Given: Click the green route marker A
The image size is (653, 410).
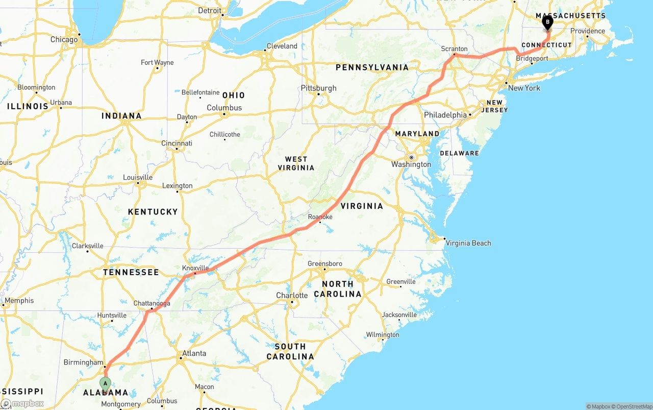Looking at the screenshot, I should coord(105,383).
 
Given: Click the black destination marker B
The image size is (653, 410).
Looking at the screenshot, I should coord(547,22).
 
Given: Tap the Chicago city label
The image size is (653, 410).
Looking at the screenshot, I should coord(64,39).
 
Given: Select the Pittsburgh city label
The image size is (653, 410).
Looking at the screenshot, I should coord(318,88).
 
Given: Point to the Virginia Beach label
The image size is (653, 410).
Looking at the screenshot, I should coord(468,243).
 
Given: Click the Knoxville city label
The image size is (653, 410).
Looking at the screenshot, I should coord(195,268).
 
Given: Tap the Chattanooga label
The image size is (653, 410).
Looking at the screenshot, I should coord(152,303).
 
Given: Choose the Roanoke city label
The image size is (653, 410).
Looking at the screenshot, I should coord(320,217).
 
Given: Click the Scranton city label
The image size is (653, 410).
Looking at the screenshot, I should coord(454,49).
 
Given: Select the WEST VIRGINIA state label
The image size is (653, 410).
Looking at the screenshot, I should coord(296,163).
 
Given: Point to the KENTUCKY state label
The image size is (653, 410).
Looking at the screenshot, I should coord(153,211).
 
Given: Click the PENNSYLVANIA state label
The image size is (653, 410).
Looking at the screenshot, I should coord(372,67).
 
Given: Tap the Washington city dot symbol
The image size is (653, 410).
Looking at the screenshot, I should coord(411,157).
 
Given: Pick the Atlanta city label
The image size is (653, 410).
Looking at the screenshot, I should coord(194,353).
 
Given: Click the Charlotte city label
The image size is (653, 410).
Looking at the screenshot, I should coord(292,295).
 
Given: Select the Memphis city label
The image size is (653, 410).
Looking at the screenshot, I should coord(19,300).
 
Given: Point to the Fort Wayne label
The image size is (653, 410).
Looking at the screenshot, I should coord(157,62).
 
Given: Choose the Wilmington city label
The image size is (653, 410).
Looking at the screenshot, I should coord(383,334).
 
